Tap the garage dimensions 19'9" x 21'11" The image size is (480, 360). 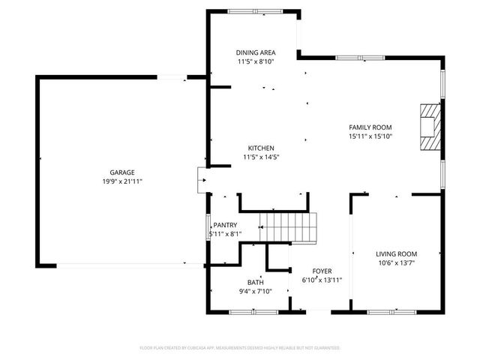pos(122,181)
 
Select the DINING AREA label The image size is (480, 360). pos(256,52)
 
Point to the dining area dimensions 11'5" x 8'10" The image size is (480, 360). pos(256,61)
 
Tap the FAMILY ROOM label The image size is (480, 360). pos(370,127)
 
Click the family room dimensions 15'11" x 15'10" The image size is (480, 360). pos(370,136)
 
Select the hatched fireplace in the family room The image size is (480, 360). pos(429,127)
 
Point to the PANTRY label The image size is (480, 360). pos(225,225)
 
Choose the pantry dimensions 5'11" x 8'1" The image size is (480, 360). pos(224,234)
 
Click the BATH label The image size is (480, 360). pos(256,283)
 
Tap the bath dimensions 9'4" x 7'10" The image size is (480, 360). pos(256,292)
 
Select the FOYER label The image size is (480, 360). pos(322,271)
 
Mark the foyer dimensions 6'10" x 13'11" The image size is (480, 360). pos(322,280)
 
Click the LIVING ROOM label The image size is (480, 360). pos(396,253)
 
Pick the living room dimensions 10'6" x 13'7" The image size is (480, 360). pos(396,262)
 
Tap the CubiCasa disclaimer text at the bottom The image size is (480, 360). pos(240,348)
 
